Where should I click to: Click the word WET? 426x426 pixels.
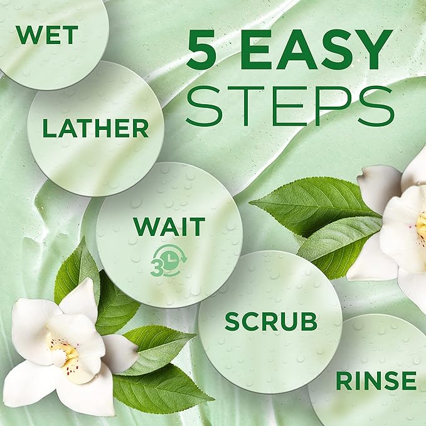[x=47, y=35]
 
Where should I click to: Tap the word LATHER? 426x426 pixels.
[x=96, y=128]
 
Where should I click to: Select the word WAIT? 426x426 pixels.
[x=169, y=226]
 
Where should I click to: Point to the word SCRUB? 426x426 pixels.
[x=271, y=321]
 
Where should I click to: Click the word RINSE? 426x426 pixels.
[x=376, y=381]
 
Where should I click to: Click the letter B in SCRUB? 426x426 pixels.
[x=309, y=321]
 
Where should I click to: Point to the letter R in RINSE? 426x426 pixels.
[x=344, y=381]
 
